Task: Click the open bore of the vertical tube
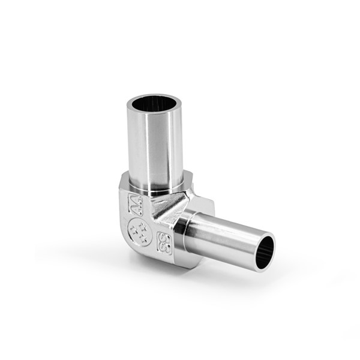click(x=155, y=104)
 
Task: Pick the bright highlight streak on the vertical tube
click(x=161, y=150)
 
